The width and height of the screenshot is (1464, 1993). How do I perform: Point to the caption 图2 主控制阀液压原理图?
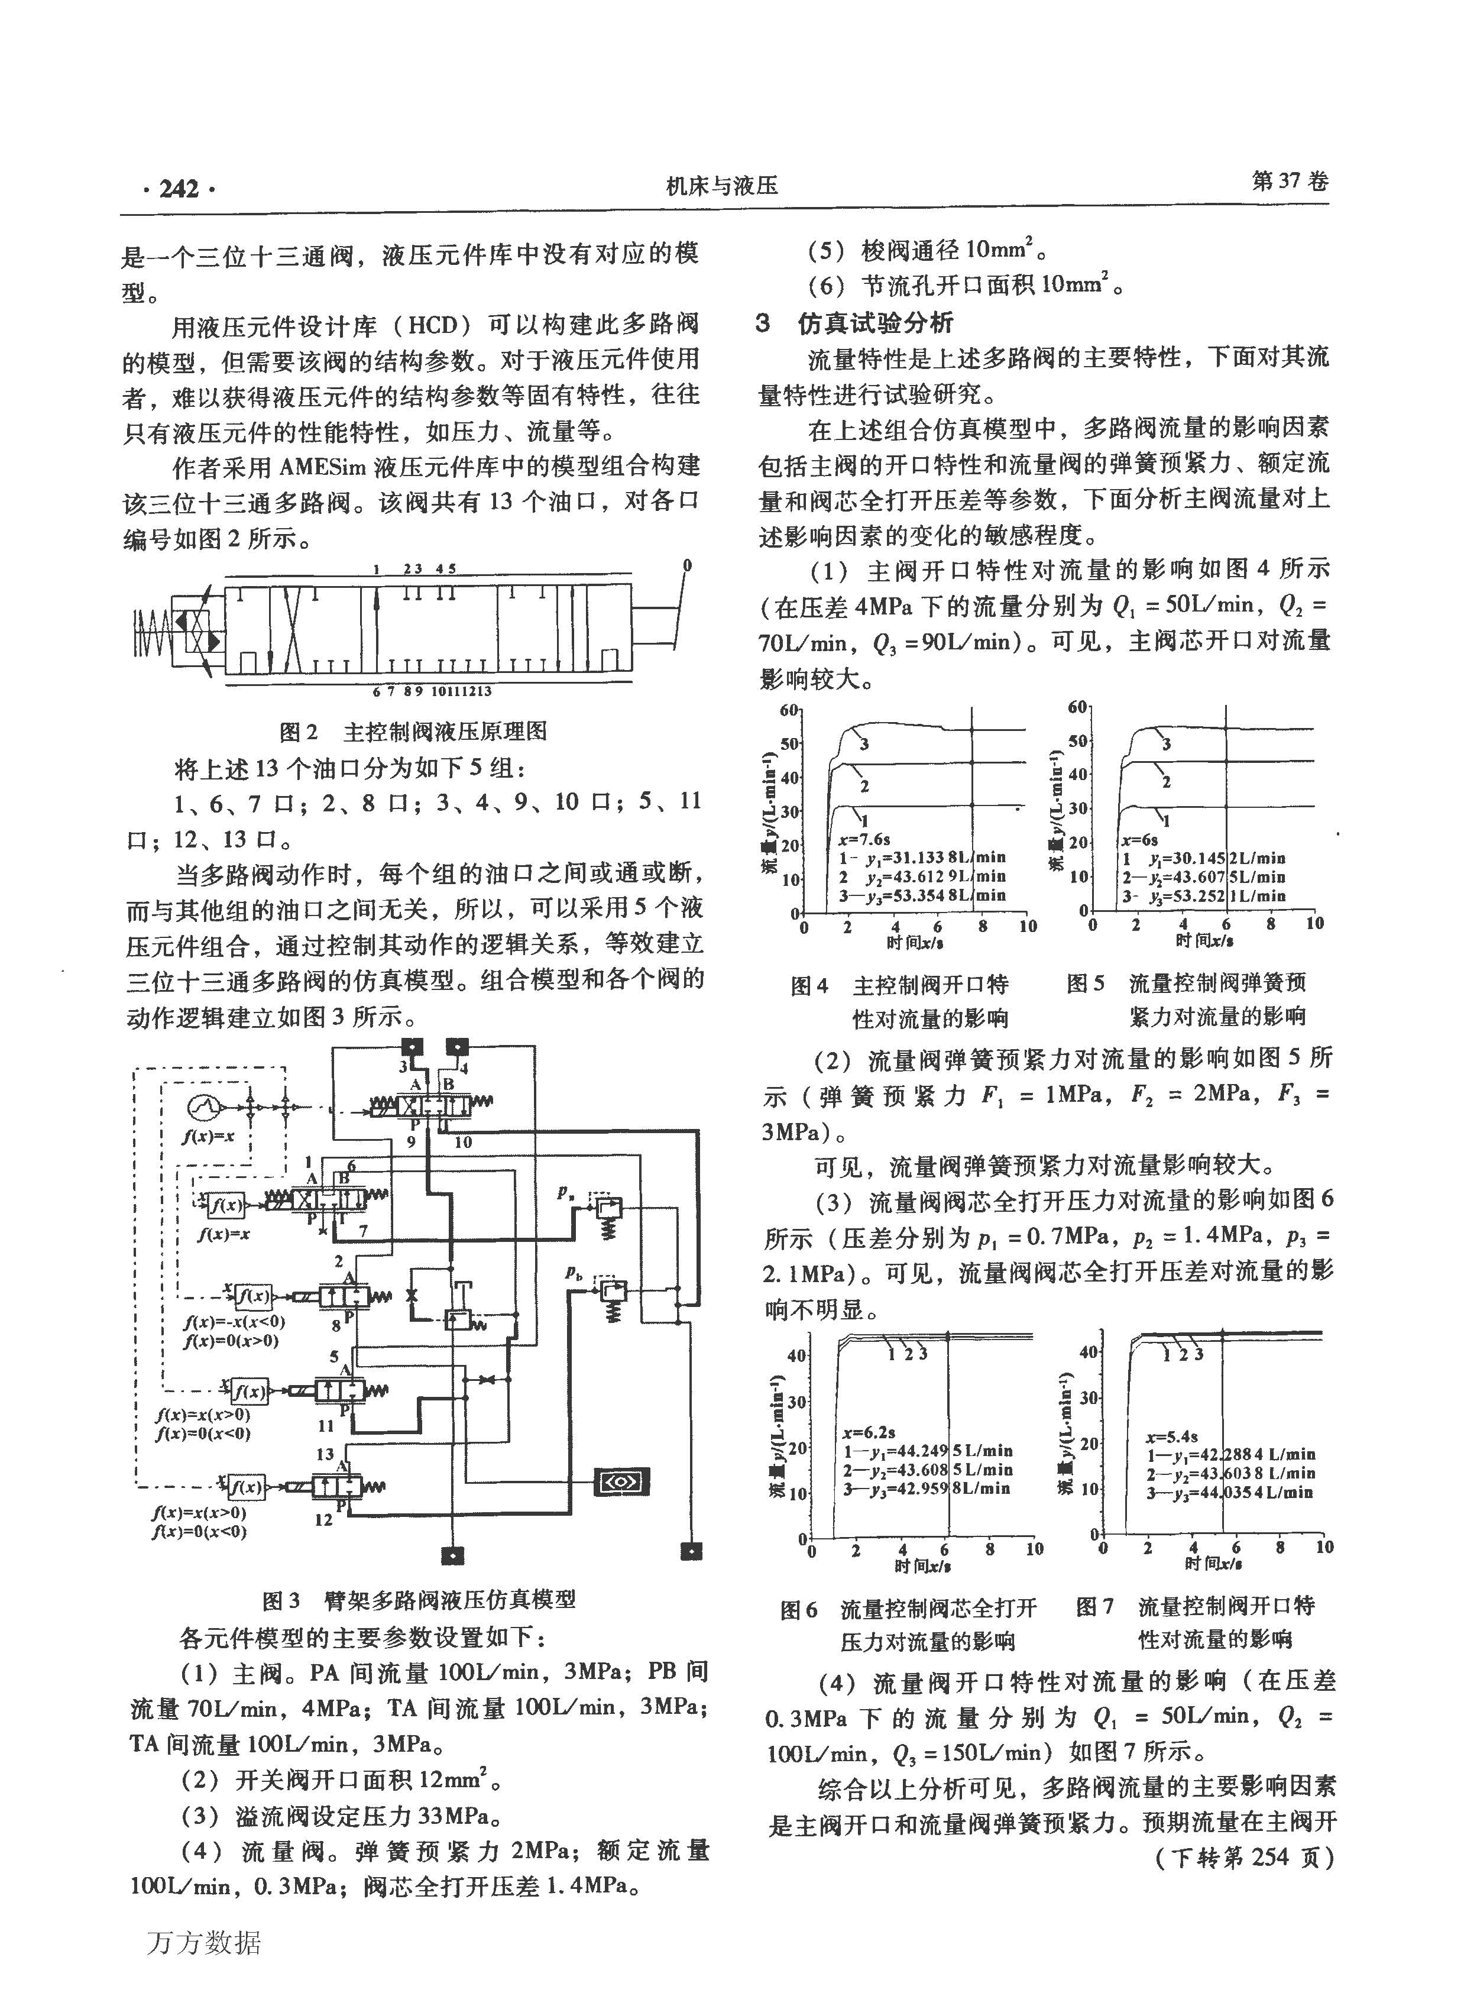413,731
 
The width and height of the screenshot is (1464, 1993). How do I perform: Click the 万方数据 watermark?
204,1943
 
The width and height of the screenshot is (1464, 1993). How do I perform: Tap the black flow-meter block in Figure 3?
620,1481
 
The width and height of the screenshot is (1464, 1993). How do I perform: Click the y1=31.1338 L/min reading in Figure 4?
922,857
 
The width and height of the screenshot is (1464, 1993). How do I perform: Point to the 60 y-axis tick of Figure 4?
789,710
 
